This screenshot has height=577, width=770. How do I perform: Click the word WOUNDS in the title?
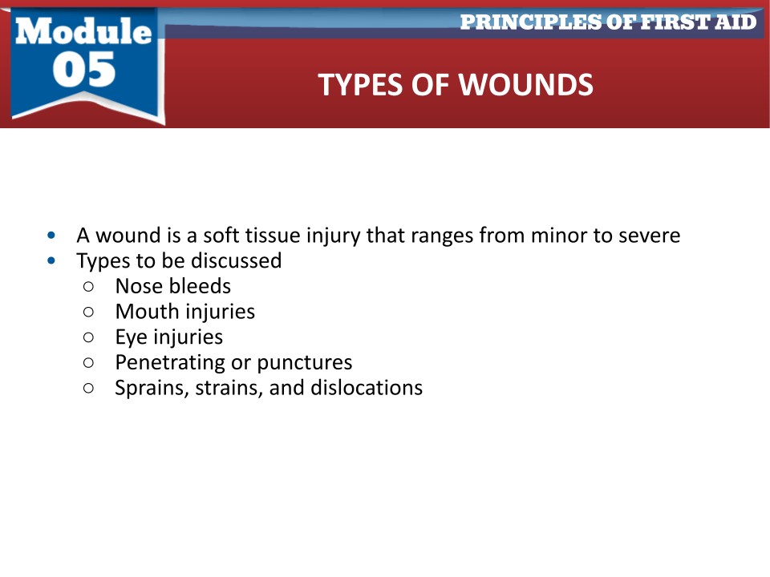526,85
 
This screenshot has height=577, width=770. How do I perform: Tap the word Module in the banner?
83,31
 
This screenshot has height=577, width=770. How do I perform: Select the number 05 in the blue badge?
84,70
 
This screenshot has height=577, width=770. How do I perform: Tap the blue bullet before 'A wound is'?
51,236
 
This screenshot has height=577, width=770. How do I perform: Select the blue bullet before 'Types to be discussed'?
51,261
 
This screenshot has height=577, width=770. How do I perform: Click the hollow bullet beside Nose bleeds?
88,287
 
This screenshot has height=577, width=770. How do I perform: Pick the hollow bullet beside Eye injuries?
88,337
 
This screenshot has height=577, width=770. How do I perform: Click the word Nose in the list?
139,286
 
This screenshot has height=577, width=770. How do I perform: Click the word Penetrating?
170,363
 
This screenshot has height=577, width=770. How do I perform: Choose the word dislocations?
367,388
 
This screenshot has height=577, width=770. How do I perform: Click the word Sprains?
152,389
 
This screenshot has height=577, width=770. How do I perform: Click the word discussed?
236,260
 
